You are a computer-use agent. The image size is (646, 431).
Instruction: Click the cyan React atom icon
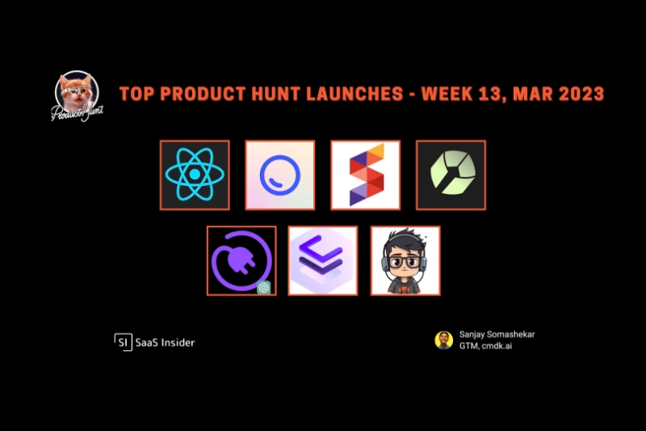click(x=195, y=175)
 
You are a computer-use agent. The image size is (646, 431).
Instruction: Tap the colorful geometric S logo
click(x=366, y=175)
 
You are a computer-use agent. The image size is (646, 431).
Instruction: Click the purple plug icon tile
click(x=241, y=260)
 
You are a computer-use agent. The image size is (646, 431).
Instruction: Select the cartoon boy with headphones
click(x=405, y=260)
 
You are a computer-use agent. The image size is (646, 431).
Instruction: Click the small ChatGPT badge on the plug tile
click(x=264, y=287)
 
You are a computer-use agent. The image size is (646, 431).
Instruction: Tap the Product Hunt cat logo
click(x=77, y=96)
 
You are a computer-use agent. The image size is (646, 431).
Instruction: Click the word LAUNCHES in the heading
click(x=354, y=94)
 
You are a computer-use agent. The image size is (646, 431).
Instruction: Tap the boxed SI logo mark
click(x=124, y=342)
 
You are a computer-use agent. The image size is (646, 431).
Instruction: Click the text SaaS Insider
click(x=165, y=342)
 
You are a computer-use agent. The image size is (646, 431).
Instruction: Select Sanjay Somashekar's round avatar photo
click(x=443, y=340)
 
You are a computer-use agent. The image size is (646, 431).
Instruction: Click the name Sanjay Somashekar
click(x=497, y=335)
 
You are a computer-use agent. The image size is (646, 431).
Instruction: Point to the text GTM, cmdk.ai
click(x=486, y=345)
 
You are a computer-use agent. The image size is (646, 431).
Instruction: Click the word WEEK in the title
click(x=447, y=94)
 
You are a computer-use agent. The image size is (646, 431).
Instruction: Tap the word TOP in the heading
click(x=136, y=94)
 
